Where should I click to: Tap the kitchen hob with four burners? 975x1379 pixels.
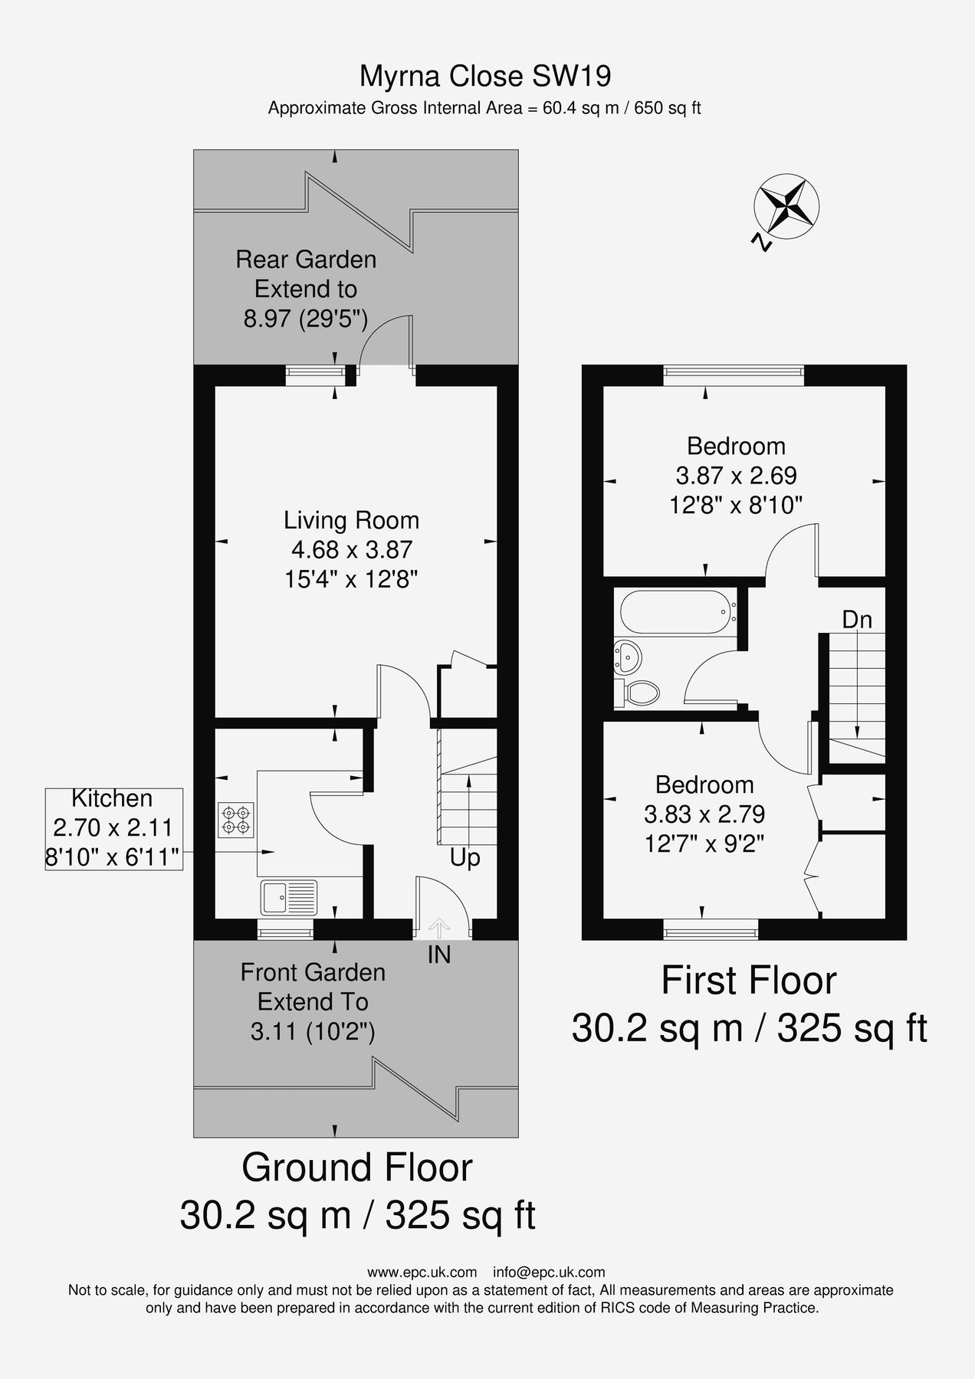[236, 818]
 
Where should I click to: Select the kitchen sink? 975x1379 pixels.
[289, 898]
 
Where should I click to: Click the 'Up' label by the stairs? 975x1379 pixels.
[465, 858]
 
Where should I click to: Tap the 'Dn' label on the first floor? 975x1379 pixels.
[857, 620]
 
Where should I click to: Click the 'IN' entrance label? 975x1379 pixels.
[439, 955]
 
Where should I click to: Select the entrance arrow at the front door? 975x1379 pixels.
[439, 929]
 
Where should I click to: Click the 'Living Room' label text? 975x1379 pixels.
[351, 521]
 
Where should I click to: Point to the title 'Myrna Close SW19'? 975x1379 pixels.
[485, 77]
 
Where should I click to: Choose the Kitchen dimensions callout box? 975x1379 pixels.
[113, 829]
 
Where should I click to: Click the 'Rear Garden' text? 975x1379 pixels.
[306, 260]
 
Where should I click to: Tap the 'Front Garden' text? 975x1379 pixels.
[313, 973]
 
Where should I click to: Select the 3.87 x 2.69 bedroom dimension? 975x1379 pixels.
[736, 476]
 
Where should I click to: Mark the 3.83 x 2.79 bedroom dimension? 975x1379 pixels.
[704, 814]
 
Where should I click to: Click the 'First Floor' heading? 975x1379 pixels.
[749, 981]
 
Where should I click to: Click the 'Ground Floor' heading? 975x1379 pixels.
[357, 1168]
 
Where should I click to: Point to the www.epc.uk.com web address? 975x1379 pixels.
[422, 1273]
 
